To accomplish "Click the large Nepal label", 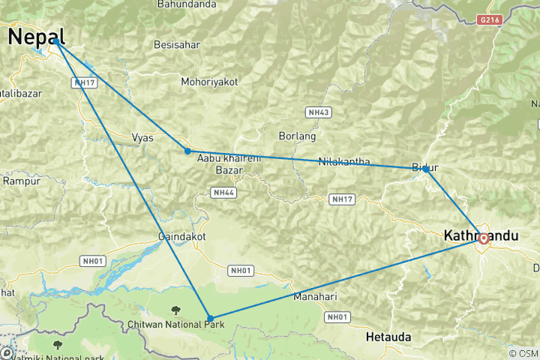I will tap(36, 36).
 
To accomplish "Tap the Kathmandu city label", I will tap(492, 235).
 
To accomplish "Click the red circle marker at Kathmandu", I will tap(484, 239).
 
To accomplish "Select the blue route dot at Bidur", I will tap(425, 169).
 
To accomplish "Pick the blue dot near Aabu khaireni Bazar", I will tap(187, 151).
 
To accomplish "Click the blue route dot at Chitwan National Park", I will tap(210, 319).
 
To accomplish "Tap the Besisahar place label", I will tap(177, 44).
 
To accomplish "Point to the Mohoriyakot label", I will tap(209, 81).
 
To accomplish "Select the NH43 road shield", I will tap(319, 112).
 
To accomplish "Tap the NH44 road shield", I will tap(224, 193).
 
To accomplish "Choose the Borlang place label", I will tap(297, 136).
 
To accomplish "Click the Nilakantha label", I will tap(344, 161).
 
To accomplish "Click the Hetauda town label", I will tap(388, 338).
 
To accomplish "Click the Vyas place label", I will tap(142, 138).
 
